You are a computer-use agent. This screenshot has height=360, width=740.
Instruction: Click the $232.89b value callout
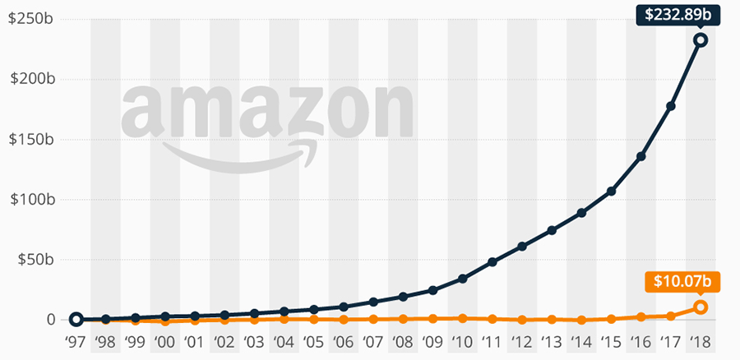[678, 13]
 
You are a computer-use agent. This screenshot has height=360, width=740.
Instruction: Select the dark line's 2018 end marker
[701, 39]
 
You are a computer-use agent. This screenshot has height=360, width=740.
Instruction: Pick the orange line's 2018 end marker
[701, 307]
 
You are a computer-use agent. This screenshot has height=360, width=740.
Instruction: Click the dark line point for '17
[671, 106]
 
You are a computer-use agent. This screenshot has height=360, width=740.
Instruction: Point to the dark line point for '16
[641, 156]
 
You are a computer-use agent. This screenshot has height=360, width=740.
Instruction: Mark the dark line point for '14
[581, 213]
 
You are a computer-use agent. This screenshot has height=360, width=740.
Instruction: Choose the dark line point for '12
[522, 246]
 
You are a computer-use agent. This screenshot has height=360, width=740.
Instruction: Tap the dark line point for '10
[463, 279]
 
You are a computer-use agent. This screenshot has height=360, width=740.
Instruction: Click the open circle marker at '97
[76, 320]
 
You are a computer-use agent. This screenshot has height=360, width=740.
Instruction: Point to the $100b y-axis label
[26, 200]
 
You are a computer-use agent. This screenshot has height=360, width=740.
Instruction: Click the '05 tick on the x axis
[313, 342]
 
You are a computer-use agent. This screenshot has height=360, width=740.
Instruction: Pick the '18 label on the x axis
[701, 342]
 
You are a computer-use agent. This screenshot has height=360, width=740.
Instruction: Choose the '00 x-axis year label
[164, 342]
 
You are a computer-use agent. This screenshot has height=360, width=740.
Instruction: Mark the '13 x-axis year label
[552, 342]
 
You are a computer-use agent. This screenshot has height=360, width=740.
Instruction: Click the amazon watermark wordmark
[267, 111]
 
